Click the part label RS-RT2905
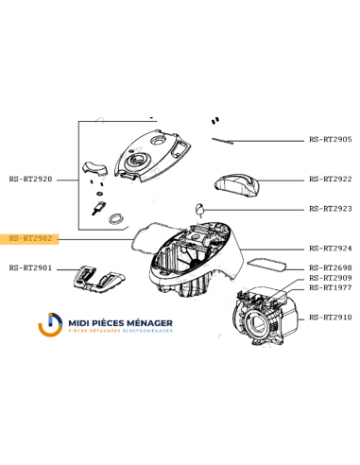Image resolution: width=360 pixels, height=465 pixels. [x=331, y=140]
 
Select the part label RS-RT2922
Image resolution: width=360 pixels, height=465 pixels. [x=331, y=180]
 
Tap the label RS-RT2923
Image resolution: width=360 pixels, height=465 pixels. [x=331, y=209]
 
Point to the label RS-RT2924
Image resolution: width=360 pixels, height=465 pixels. [x=331, y=249]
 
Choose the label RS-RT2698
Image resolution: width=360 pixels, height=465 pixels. [x=331, y=268]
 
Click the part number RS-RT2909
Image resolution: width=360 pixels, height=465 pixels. [x=331, y=278]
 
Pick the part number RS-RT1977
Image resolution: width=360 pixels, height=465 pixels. [x=331, y=288]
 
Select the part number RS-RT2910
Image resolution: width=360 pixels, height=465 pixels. [x=331, y=318]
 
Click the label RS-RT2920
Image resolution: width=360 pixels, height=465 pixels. [x=30, y=180]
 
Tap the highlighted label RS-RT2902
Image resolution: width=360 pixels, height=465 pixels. [x=30, y=238]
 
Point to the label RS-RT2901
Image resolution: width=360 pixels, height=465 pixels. [x=30, y=268]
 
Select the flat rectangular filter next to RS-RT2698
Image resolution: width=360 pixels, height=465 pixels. [x=267, y=265]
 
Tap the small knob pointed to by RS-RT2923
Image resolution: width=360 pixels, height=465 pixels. [x=199, y=210]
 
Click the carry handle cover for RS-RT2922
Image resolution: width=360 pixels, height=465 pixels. [x=237, y=183]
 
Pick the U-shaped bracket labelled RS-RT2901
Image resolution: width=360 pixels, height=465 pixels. [x=98, y=277]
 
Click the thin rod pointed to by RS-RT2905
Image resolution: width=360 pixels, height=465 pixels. [x=222, y=141]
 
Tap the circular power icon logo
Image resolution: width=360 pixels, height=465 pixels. [x=50, y=324]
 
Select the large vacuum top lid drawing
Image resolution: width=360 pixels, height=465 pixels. [x=153, y=156]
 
